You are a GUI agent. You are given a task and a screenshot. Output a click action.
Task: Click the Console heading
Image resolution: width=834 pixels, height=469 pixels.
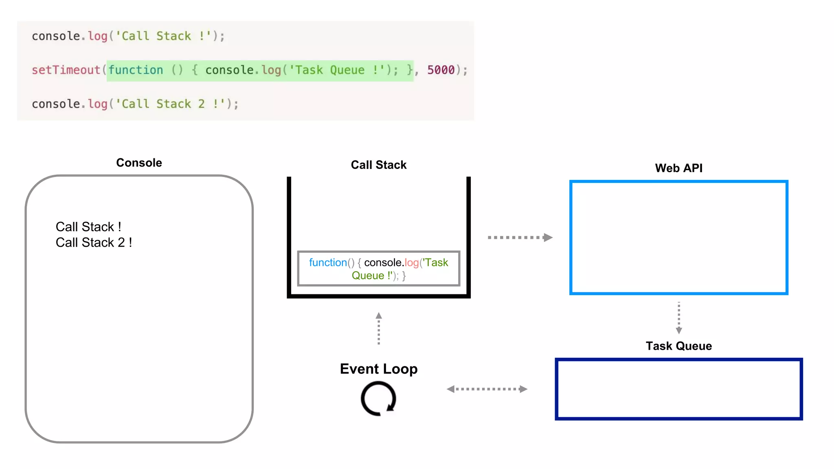(139, 163)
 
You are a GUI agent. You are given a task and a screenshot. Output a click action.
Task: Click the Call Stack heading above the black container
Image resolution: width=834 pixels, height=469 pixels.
(378, 165)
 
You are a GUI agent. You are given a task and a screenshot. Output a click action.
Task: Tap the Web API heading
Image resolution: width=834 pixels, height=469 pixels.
(678, 168)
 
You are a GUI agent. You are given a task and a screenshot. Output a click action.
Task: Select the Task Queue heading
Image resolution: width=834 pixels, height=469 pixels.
(678, 346)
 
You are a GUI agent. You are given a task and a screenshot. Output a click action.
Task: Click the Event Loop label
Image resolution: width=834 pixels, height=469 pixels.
(378, 369)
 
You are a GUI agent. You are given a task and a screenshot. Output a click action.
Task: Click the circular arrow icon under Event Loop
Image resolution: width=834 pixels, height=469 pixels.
(378, 399)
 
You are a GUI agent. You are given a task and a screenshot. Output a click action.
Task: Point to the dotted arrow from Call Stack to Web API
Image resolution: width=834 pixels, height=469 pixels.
(520, 237)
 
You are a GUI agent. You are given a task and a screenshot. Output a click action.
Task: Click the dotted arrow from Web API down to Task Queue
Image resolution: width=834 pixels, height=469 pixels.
(678, 318)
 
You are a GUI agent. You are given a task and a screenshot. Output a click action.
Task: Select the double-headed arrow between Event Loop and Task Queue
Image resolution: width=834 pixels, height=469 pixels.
(487, 389)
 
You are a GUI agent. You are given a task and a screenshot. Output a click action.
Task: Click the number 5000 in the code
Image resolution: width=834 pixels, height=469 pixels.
(441, 70)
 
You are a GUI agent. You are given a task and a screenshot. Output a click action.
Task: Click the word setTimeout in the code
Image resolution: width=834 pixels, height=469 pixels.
(66, 70)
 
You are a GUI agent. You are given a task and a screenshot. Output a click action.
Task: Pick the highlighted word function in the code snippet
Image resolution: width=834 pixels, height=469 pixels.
(136, 70)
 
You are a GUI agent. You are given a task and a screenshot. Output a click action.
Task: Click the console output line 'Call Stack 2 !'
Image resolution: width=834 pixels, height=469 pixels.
(94, 243)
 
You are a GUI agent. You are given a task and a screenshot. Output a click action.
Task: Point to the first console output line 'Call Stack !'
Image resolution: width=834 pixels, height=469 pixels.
(88, 227)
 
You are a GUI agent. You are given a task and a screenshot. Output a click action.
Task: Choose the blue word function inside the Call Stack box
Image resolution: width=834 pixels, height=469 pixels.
(327, 263)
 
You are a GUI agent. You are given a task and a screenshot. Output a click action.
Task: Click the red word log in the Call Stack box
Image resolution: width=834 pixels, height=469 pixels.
(411, 263)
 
